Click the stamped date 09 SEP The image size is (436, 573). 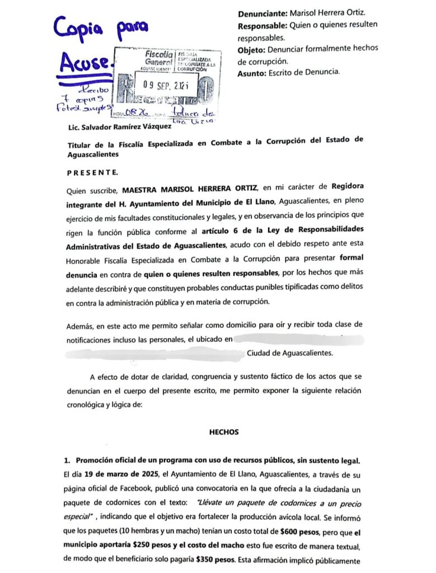click(x=158, y=85)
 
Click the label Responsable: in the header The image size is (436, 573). click(x=261, y=26)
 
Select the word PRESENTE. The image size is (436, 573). click(x=92, y=172)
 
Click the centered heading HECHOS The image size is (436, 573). click(x=224, y=432)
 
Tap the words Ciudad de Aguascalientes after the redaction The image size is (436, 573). click(x=289, y=353)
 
